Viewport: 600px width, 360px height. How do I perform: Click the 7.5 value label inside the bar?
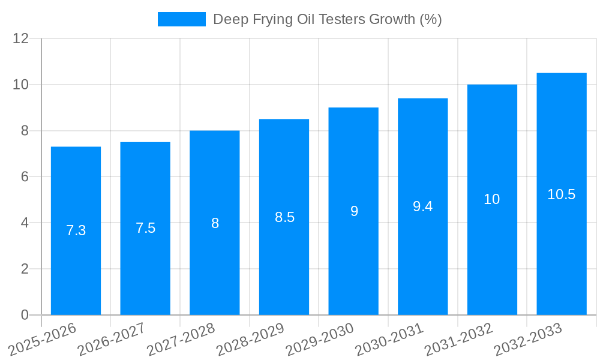pos(145,228)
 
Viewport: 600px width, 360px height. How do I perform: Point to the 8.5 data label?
pos(284,217)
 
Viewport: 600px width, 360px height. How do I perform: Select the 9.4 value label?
pos(423,206)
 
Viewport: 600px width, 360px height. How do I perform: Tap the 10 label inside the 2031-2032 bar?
pos(492,200)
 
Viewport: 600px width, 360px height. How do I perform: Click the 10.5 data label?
pos(562,194)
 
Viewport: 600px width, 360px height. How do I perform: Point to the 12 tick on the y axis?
pos(21,38)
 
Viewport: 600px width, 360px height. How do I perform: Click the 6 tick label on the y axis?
pos(25,176)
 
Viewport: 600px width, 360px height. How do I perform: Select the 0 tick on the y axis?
pos(25,315)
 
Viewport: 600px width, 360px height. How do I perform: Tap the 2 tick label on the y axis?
pos(25,269)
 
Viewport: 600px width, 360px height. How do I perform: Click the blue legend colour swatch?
pos(181,19)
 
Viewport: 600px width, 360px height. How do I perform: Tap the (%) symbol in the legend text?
pos(431,19)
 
